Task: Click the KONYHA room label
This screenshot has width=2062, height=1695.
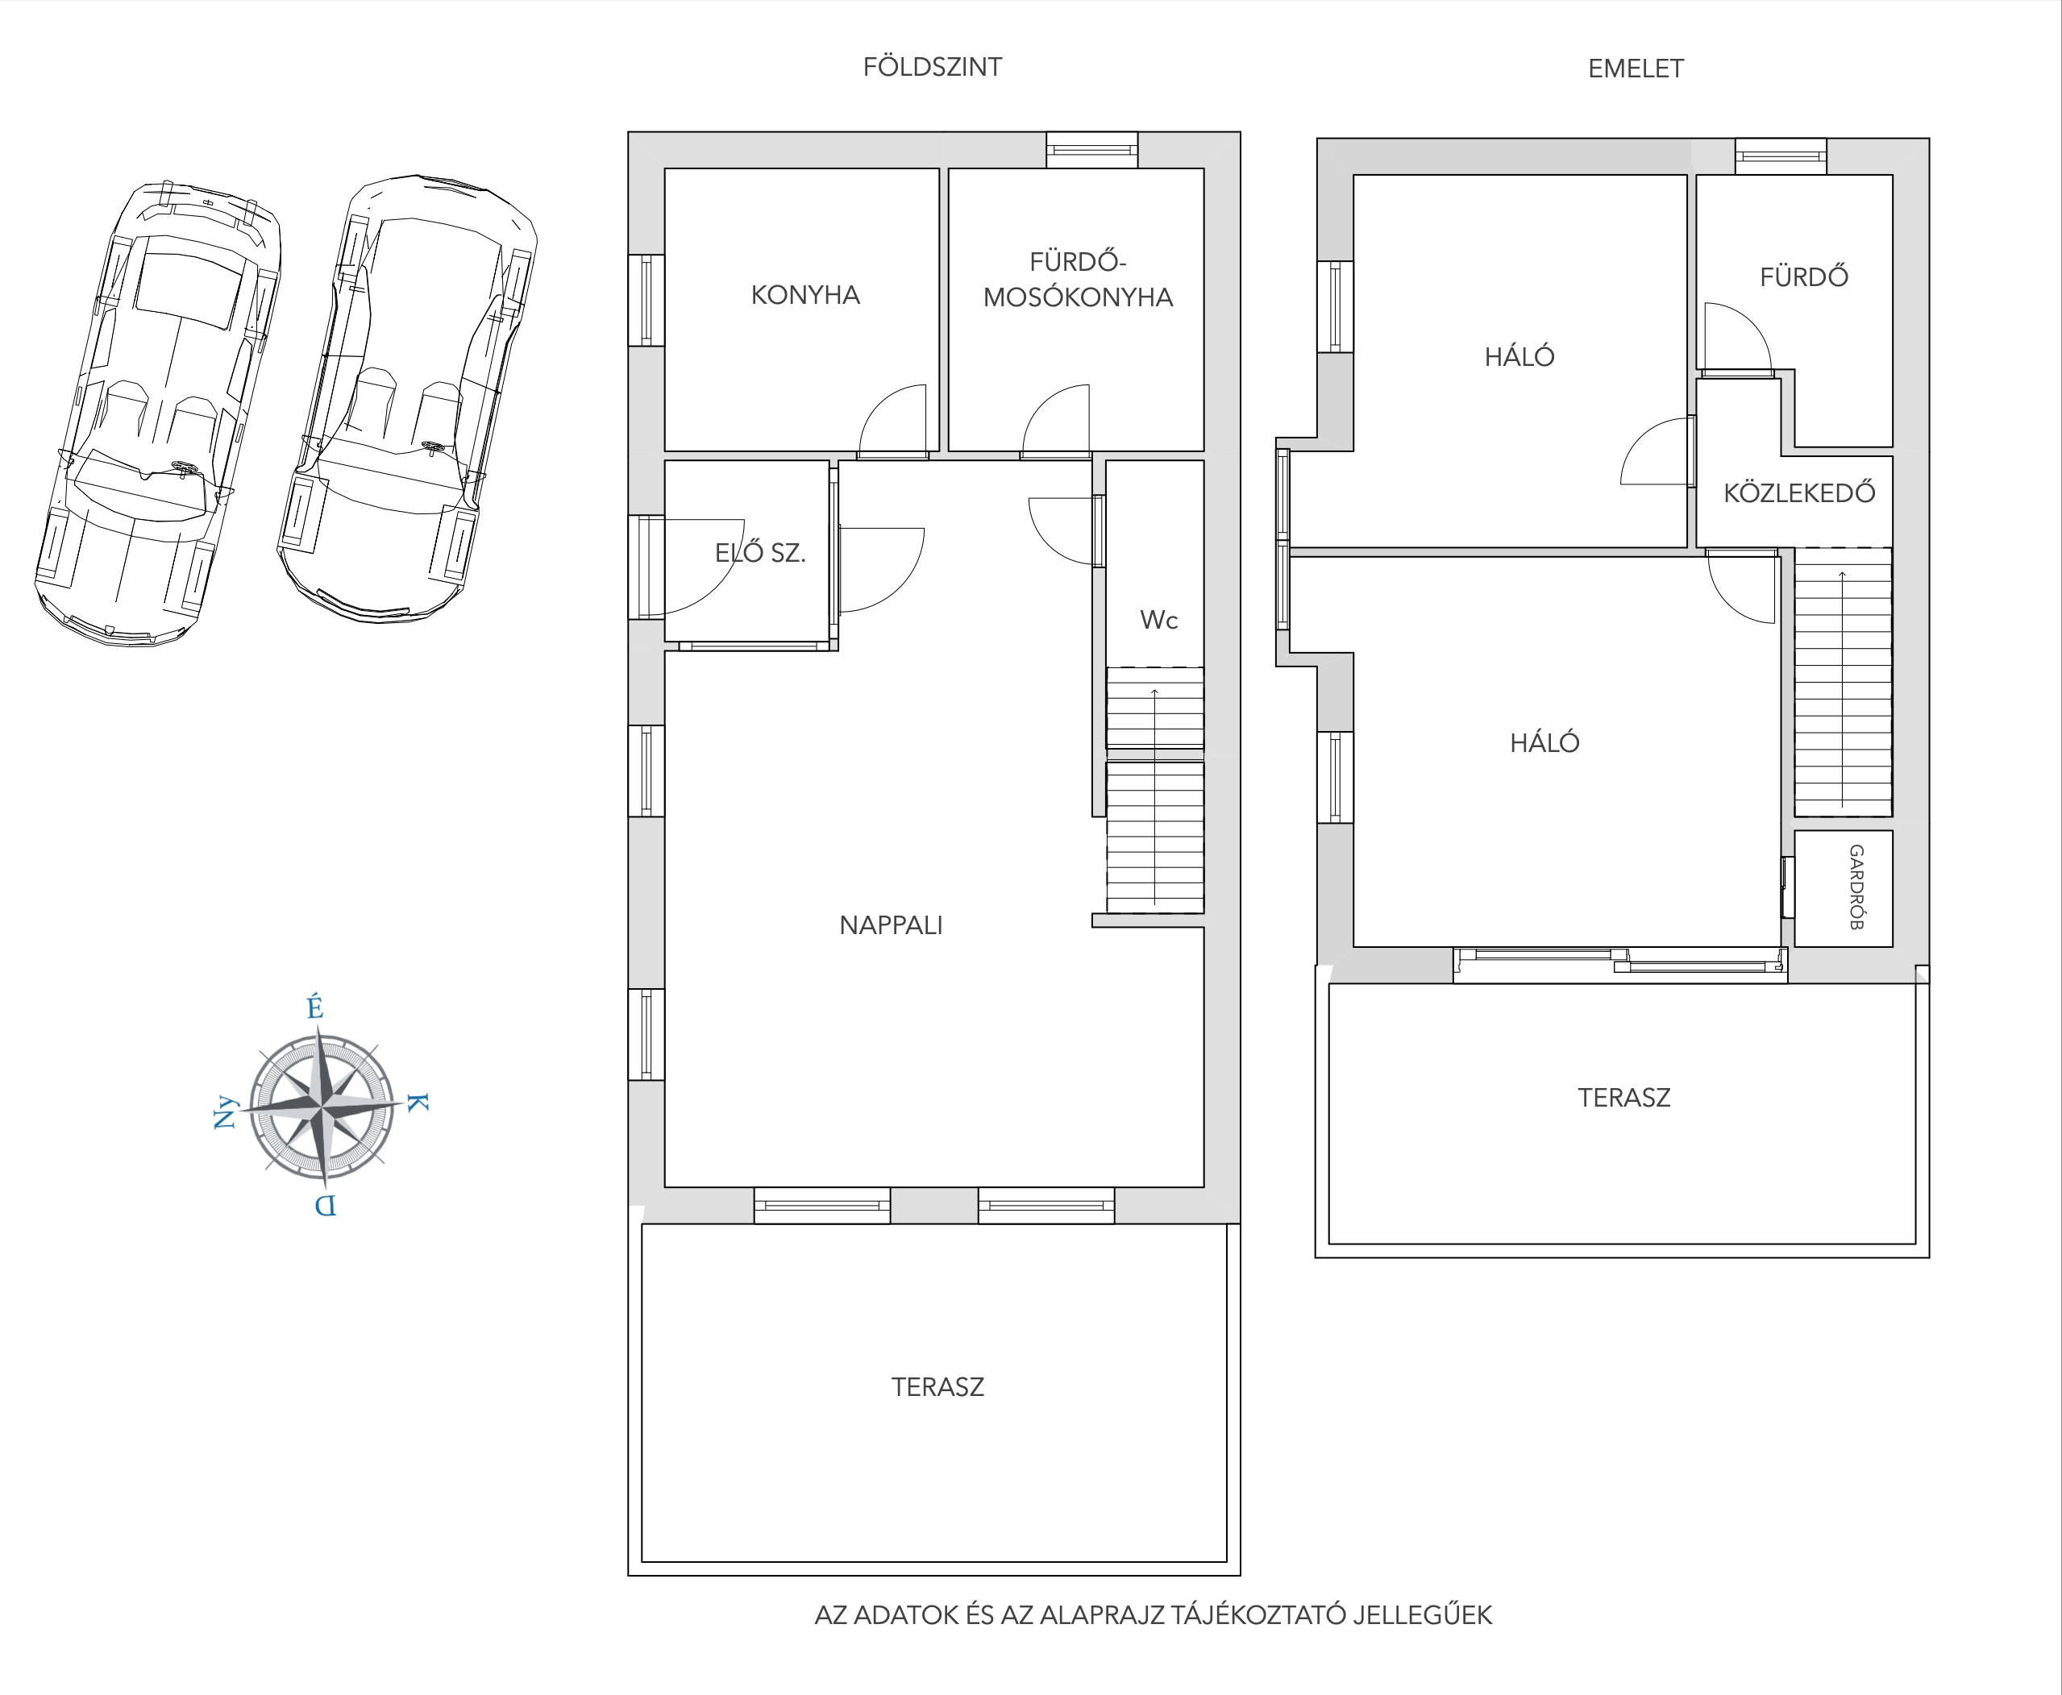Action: pyautogui.click(x=805, y=295)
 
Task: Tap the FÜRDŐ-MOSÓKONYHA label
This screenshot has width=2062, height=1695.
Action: pyautogui.click(x=1078, y=279)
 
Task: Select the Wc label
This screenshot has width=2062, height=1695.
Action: pyautogui.click(x=1159, y=620)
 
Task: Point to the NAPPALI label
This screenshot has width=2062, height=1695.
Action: pyautogui.click(x=892, y=925)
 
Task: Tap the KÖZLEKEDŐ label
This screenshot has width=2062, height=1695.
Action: pyautogui.click(x=1799, y=492)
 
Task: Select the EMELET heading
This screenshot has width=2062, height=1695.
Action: pyautogui.click(x=1636, y=69)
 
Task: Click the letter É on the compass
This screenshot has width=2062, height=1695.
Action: pyautogui.click(x=314, y=1007)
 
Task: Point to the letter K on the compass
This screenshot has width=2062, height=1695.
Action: pyautogui.click(x=417, y=1103)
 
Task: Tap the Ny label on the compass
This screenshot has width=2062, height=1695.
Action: pyautogui.click(x=226, y=1112)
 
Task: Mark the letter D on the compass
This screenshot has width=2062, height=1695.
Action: pyautogui.click(x=325, y=1206)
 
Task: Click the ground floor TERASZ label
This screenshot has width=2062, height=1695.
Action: pyautogui.click(x=937, y=1387)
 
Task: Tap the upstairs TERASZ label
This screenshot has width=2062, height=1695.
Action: pyautogui.click(x=1624, y=1099)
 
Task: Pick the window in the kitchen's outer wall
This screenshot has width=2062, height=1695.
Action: pyautogui.click(x=646, y=301)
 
